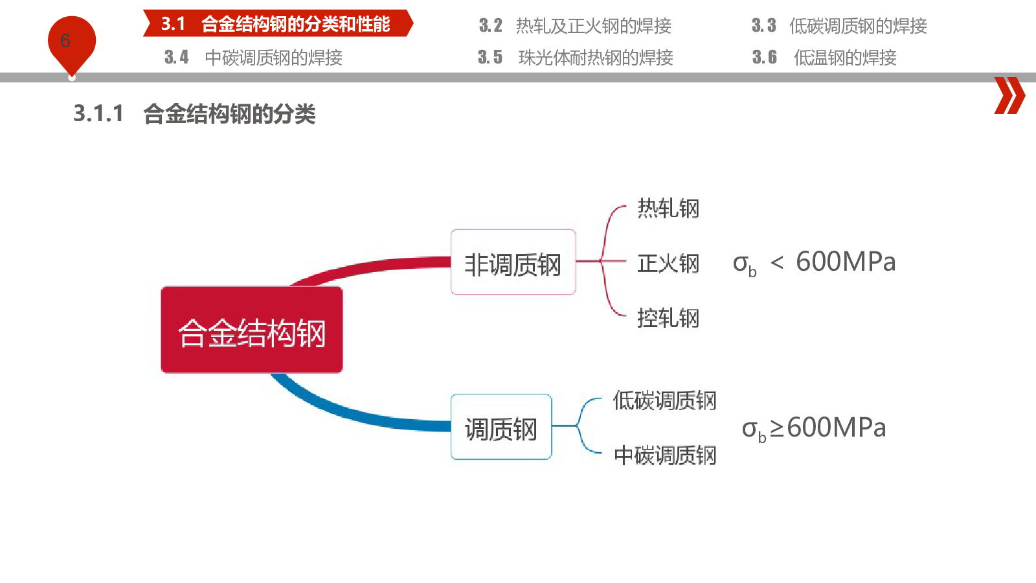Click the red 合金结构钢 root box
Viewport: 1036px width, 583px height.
(252, 330)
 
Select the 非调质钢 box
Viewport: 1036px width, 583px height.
(513, 262)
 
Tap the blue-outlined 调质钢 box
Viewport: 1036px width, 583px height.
(501, 427)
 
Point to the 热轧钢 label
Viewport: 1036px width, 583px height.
(668, 208)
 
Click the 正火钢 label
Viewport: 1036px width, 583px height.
(668, 263)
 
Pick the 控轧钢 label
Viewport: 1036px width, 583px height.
(668, 318)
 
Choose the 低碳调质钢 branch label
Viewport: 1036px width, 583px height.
(664, 400)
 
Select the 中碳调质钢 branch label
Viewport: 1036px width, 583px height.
(665, 455)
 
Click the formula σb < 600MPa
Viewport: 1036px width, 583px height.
(815, 263)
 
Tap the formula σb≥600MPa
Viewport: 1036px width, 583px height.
(814, 429)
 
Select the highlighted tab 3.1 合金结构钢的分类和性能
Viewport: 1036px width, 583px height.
(278, 23)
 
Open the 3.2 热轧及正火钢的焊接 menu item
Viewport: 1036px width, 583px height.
(575, 26)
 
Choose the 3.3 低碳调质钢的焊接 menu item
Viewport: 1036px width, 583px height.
(839, 26)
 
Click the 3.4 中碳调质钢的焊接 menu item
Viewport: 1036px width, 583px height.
(253, 58)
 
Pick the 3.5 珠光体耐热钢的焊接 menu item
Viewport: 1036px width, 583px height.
(576, 58)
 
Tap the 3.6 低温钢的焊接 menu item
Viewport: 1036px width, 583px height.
(824, 58)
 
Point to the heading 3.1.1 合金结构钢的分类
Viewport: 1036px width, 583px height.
(194, 114)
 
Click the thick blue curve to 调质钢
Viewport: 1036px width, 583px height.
(352, 411)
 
